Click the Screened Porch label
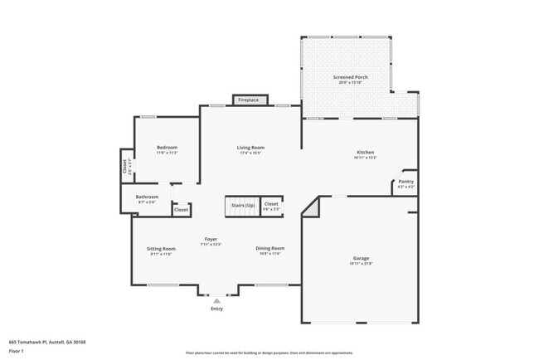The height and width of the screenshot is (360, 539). point(350,77)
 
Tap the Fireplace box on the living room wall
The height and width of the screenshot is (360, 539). point(249,100)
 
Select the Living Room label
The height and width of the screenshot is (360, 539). point(250,147)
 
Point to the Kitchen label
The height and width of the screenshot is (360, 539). point(366,152)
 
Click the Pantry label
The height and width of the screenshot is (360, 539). point(405,181)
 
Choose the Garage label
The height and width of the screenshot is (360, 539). point(361,258)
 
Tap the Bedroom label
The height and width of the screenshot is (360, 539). point(167,147)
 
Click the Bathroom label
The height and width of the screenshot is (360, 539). point(147,197)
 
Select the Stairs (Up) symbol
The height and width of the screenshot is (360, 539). point(242,205)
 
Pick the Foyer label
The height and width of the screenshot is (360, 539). point(211,239)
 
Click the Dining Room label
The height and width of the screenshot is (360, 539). point(269,248)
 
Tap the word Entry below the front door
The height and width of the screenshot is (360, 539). point(217,309)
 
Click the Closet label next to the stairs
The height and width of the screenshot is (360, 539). point(271,203)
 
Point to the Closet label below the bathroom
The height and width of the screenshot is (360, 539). point(181,210)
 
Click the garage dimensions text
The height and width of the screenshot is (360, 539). point(361,264)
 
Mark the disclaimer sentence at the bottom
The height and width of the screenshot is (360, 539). point(269,352)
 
